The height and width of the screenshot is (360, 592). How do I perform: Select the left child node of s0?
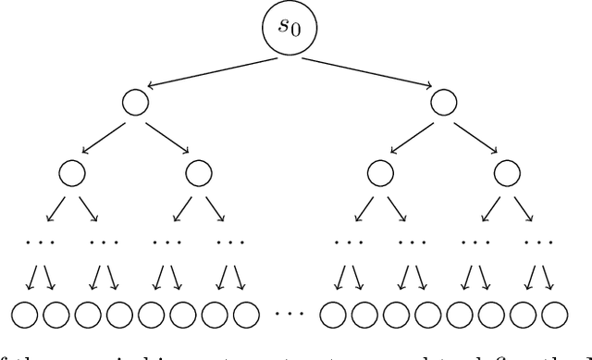point(135,103)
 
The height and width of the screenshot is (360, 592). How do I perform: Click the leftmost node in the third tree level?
point(71,172)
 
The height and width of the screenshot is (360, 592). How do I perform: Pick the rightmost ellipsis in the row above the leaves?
point(536,242)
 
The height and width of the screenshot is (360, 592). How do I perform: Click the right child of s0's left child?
point(198,172)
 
